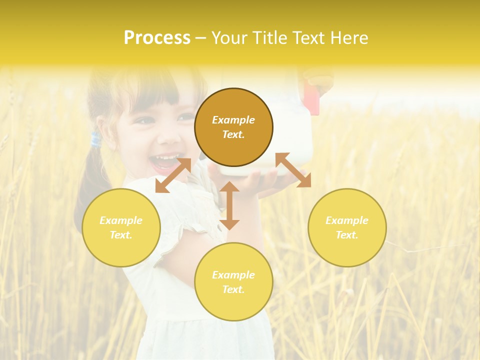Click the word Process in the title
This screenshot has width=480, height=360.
[x=157, y=38]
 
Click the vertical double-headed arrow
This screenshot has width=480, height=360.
[x=229, y=205]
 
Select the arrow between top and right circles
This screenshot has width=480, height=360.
[x=293, y=170]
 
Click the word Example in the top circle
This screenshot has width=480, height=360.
[x=233, y=120]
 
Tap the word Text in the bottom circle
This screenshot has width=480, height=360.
[x=233, y=289]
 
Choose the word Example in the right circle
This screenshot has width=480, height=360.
[x=347, y=220]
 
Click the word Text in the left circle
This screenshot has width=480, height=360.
[x=121, y=235]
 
